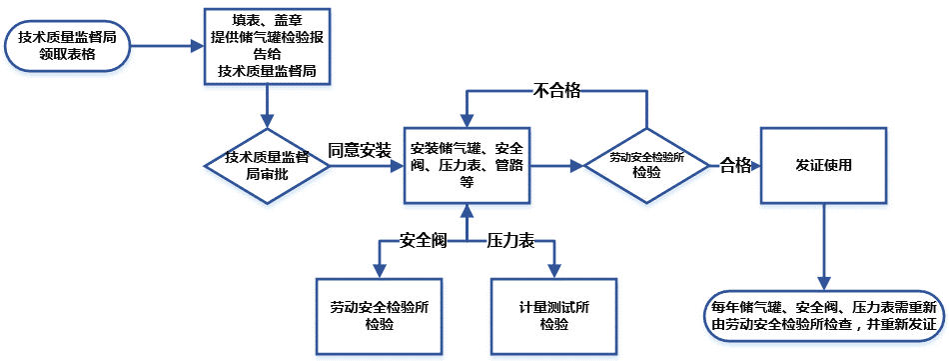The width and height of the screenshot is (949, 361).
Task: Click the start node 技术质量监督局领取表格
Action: click(68, 46)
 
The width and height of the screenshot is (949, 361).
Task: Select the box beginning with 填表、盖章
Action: click(266, 45)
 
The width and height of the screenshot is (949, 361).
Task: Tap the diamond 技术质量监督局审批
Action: click(266, 165)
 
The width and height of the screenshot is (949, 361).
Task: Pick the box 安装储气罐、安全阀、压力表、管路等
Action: click(467, 165)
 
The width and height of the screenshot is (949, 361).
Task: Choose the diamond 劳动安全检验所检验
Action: click(646, 165)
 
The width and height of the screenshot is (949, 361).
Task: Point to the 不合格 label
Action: click(555, 91)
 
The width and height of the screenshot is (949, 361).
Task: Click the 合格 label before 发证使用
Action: click(735, 165)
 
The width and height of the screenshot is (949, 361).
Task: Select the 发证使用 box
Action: click(824, 165)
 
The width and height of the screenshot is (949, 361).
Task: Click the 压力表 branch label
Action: click(510, 241)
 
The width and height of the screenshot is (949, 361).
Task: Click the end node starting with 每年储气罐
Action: click(824, 315)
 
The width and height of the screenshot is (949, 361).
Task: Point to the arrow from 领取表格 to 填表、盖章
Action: click(166, 46)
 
